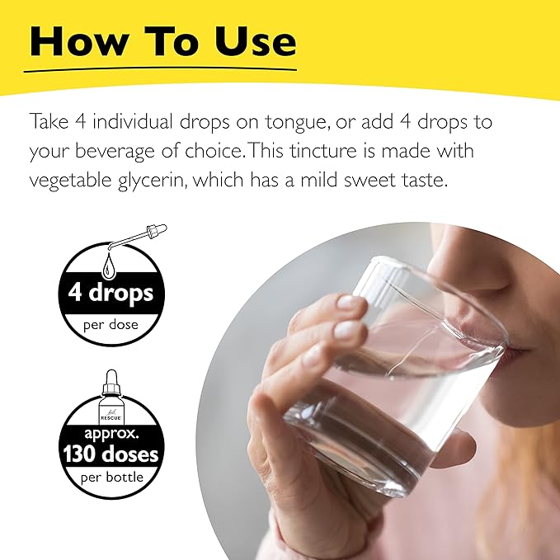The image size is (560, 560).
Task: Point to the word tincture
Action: tap(322, 150)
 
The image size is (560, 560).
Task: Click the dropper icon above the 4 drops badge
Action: tap(138, 236)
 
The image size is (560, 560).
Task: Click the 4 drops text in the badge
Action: tap(111, 294)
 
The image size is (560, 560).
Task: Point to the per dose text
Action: tap(111, 325)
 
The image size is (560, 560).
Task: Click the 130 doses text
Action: tap(111, 454)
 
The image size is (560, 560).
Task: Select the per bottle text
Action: tap(112, 478)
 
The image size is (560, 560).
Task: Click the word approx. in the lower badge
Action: tap(111, 435)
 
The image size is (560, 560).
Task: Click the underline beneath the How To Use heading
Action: tap(160, 70)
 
